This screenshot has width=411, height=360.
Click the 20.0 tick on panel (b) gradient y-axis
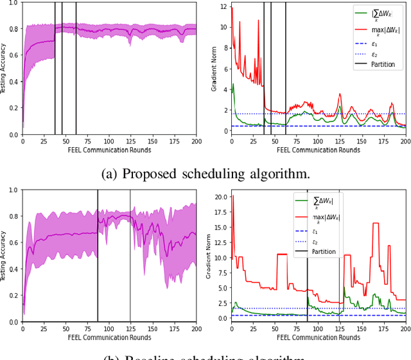(220, 197)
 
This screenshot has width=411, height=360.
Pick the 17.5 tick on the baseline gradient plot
(220, 212)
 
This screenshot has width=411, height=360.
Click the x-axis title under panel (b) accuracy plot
(109, 337)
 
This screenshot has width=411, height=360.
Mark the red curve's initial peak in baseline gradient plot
(232, 195)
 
